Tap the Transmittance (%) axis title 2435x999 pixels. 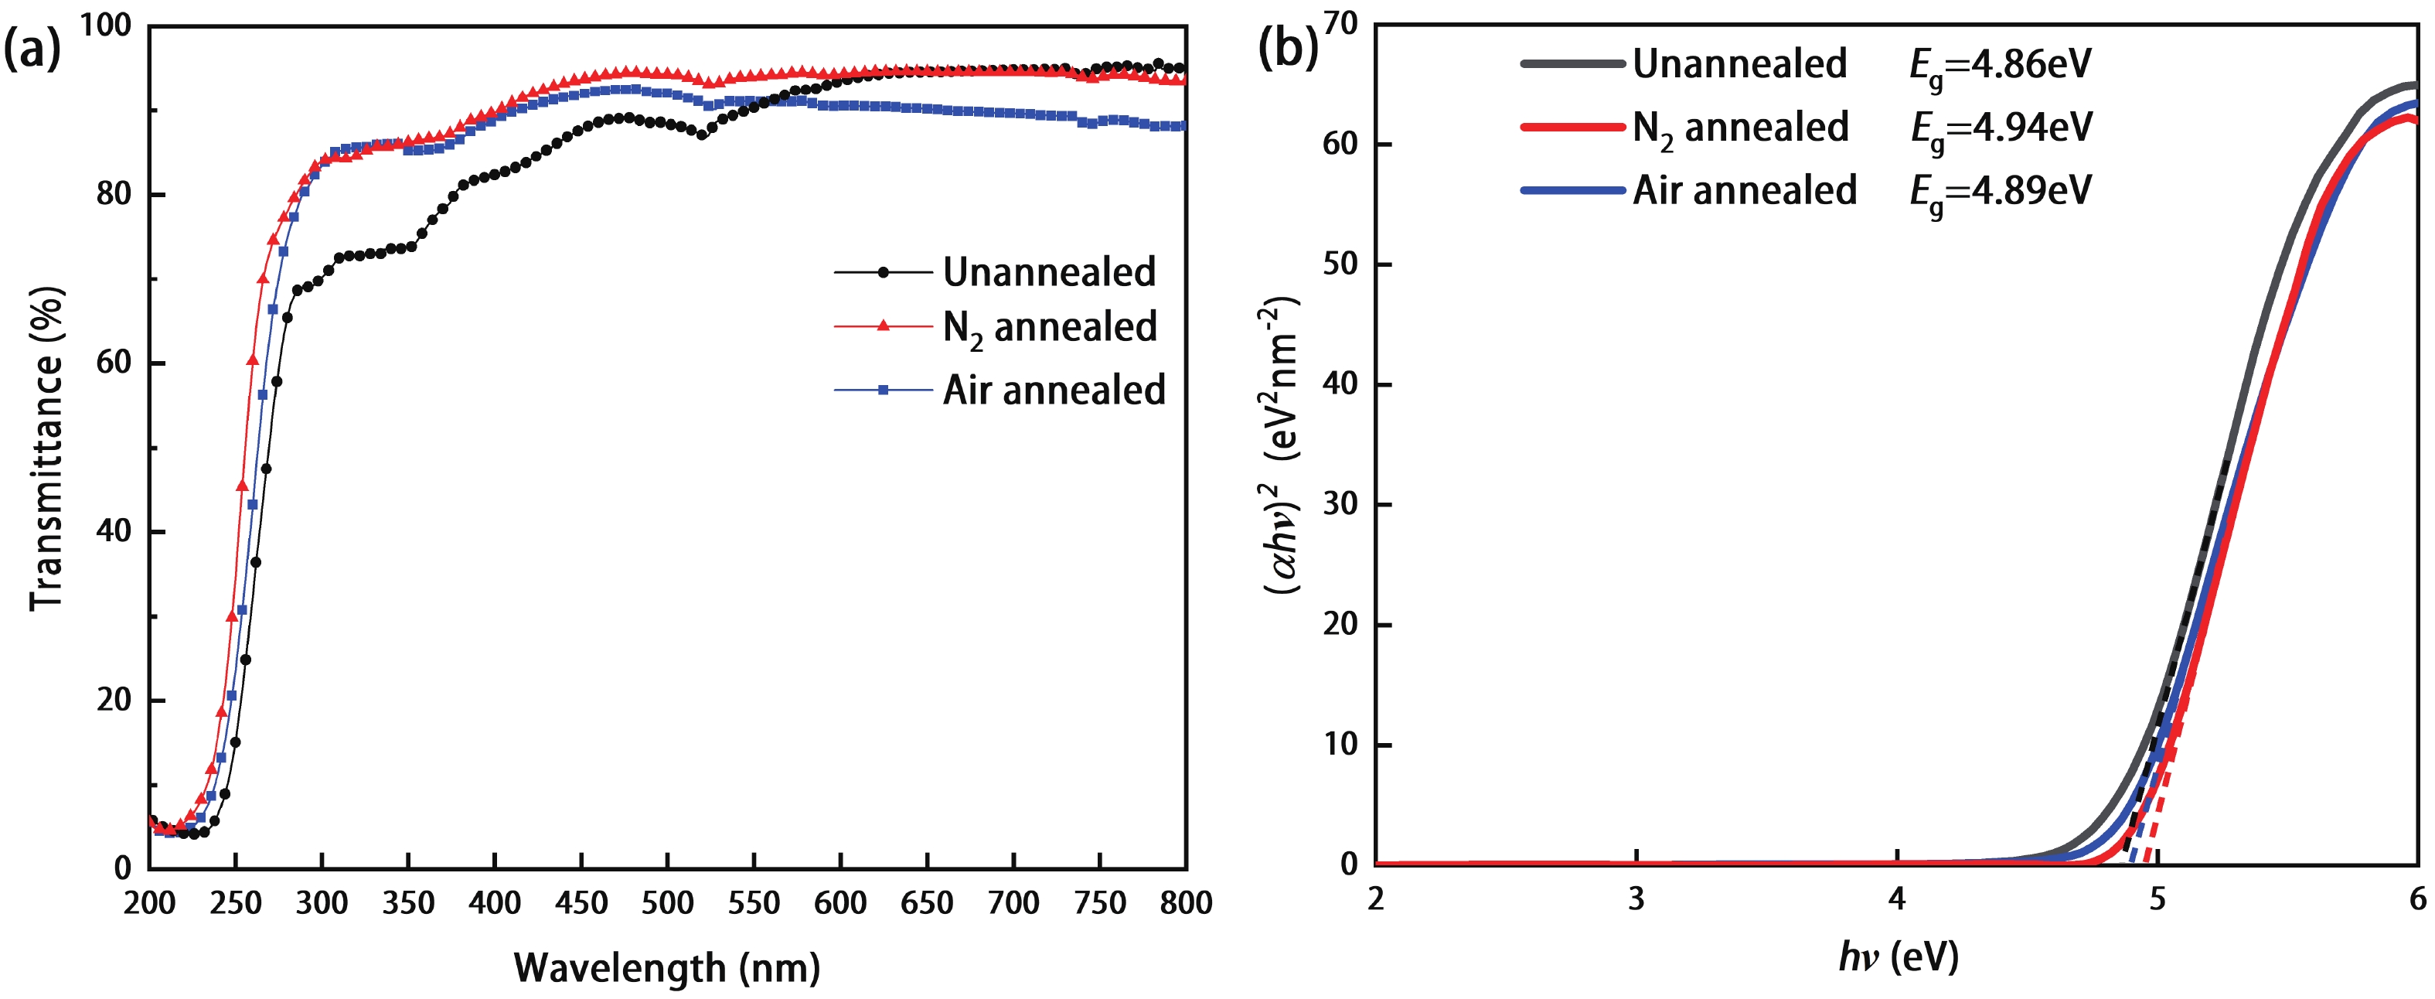click(x=46, y=449)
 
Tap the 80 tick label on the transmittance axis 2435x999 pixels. click(x=114, y=194)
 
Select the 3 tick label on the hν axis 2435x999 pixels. click(x=1636, y=898)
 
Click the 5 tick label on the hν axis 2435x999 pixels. click(x=2157, y=898)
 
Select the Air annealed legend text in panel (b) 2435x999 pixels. click(x=1745, y=190)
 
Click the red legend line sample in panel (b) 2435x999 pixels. click(x=1572, y=127)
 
